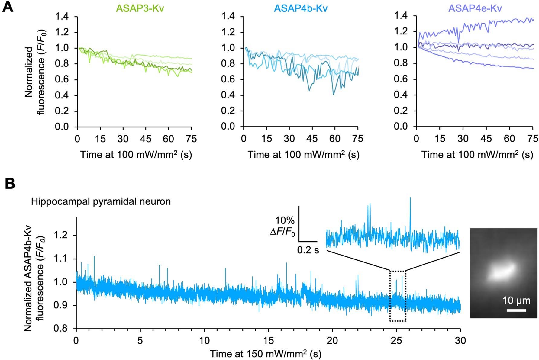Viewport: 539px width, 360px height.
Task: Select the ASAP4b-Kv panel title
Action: coord(301,8)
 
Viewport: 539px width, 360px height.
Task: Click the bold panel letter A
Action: coord(8,7)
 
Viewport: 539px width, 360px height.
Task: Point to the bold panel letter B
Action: coord(10,183)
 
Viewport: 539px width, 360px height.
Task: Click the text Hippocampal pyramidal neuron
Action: coord(101,201)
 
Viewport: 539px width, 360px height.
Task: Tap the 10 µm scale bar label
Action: coord(516,301)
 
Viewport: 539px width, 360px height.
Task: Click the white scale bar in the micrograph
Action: coord(516,310)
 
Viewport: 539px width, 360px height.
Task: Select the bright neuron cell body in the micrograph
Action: coord(500,271)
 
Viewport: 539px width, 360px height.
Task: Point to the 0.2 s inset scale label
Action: coord(308,250)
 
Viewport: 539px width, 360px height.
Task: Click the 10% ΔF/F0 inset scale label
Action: coord(283,226)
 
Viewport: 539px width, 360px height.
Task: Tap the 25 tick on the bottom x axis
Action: coord(396,341)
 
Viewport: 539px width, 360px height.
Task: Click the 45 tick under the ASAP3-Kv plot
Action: coord(146,139)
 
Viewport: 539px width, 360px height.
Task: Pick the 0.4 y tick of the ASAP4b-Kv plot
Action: coord(228,95)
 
